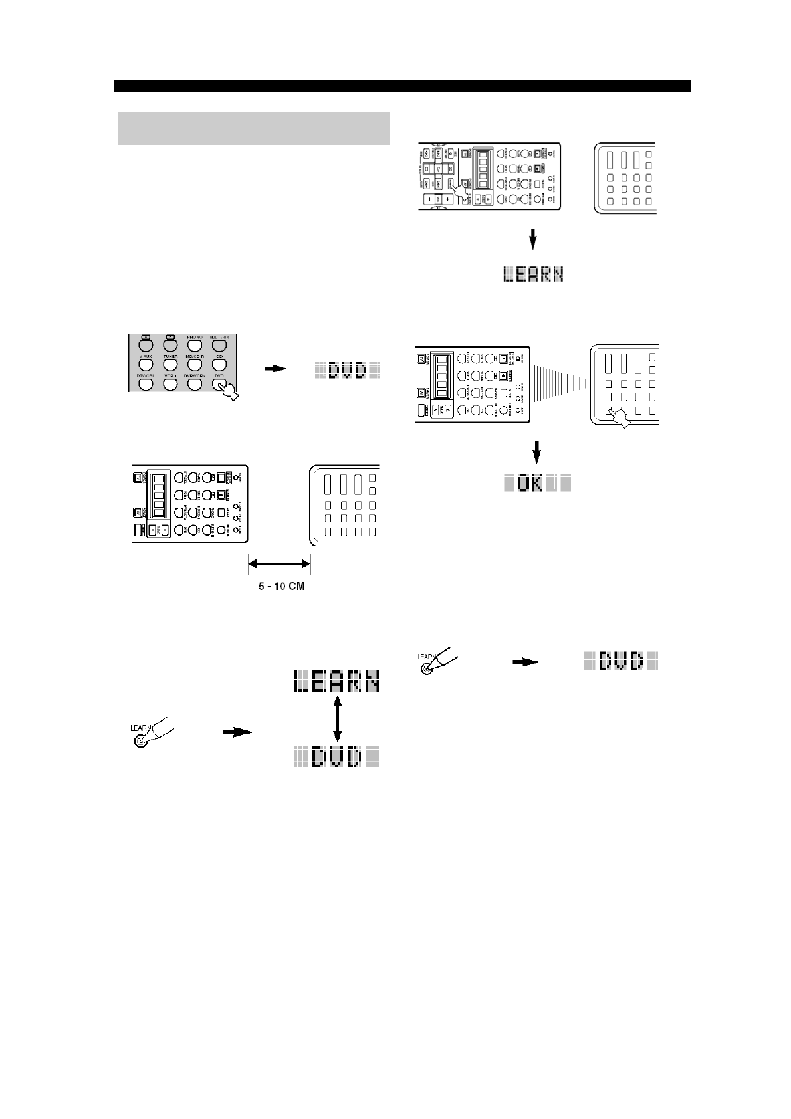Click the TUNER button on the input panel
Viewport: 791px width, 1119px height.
(170, 364)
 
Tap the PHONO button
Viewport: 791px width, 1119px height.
(194, 345)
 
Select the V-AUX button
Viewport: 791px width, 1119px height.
(146, 364)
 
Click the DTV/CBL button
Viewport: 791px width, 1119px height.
(146, 383)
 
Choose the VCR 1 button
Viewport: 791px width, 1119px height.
(170, 383)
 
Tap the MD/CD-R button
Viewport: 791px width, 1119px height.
(194, 364)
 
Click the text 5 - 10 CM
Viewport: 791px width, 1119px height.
(281, 587)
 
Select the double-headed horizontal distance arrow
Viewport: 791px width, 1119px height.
(279, 565)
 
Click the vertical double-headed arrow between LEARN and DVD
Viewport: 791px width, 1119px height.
(337, 718)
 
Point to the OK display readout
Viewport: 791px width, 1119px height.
(537, 483)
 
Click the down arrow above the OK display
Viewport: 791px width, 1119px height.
(538, 454)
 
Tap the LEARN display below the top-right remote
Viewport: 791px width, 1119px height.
(532, 274)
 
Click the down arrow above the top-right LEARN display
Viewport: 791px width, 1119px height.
(532, 239)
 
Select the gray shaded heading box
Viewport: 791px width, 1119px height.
(253, 128)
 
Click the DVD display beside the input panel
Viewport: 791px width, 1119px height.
(347, 370)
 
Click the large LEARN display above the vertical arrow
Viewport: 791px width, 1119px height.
(337, 681)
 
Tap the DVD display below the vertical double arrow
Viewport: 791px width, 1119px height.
(337, 757)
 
